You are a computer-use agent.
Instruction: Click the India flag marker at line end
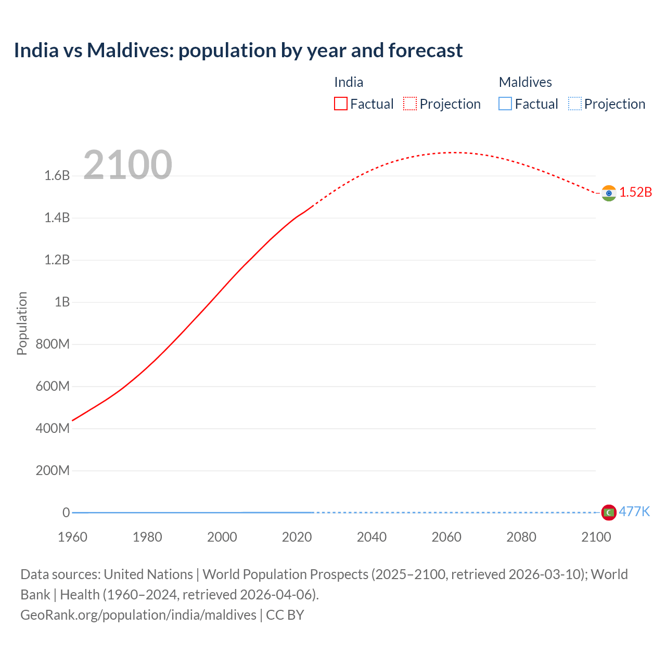click(x=609, y=193)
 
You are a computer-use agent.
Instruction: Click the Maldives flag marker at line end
click(x=609, y=513)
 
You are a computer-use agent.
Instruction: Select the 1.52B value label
click(x=635, y=192)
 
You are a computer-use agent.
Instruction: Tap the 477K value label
click(x=634, y=511)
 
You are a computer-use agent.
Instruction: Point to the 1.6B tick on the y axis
click(x=57, y=175)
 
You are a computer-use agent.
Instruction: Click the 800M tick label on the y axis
click(x=53, y=344)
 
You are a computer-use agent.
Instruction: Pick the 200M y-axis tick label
click(x=53, y=471)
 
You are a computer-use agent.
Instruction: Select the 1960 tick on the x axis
click(x=72, y=537)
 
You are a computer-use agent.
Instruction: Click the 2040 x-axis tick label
click(x=372, y=537)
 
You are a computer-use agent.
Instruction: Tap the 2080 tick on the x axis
click(x=521, y=537)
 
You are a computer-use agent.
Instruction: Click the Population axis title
click(x=22, y=323)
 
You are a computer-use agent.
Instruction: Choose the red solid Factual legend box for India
click(x=340, y=104)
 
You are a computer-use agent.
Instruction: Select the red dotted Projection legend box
click(x=410, y=104)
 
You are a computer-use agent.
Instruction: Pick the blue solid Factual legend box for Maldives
click(x=505, y=104)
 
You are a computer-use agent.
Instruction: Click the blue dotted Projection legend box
click(x=574, y=104)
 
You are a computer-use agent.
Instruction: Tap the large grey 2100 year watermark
click(x=127, y=165)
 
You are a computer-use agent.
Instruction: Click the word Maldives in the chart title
click(x=123, y=50)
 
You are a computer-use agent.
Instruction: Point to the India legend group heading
click(x=349, y=82)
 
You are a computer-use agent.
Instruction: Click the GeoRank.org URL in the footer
click(x=138, y=615)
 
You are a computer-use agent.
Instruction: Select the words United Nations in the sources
click(x=148, y=574)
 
